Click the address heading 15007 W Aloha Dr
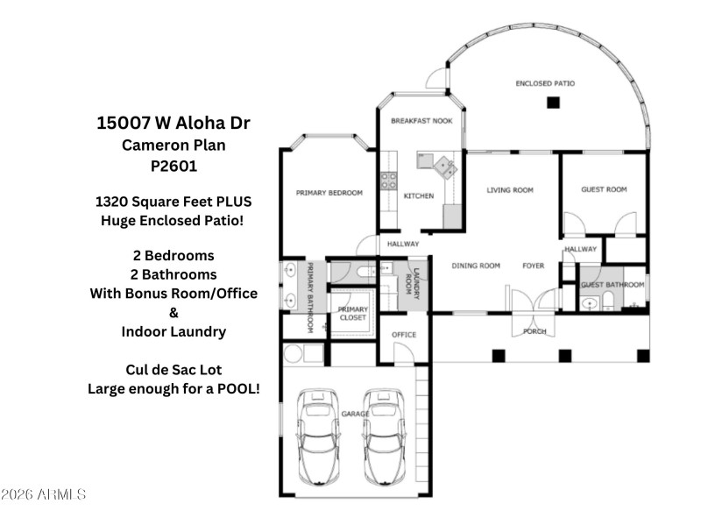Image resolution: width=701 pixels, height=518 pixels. (x=179, y=123)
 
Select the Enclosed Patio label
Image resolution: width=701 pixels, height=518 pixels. (x=545, y=83)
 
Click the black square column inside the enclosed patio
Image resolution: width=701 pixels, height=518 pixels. (x=553, y=103)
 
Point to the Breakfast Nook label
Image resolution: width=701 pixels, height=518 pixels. (x=421, y=121)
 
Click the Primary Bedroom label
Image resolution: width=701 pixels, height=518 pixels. (x=329, y=193)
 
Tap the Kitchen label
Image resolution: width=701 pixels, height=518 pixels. (x=418, y=195)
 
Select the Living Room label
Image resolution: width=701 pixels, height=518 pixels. (x=511, y=189)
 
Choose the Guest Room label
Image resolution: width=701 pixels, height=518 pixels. (x=604, y=189)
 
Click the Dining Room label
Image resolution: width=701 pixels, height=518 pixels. (x=476, y=266)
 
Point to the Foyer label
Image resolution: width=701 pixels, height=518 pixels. (x=533, y=266)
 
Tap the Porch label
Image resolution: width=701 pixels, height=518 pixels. (x=535, y=331)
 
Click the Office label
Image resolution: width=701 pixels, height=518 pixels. (x=404, y=335)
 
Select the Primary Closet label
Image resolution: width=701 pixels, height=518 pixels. (x=353, y=313)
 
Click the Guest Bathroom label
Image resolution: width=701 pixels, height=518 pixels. (x=613, y=285)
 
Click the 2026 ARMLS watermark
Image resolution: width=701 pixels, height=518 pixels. (x=44, y=494)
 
